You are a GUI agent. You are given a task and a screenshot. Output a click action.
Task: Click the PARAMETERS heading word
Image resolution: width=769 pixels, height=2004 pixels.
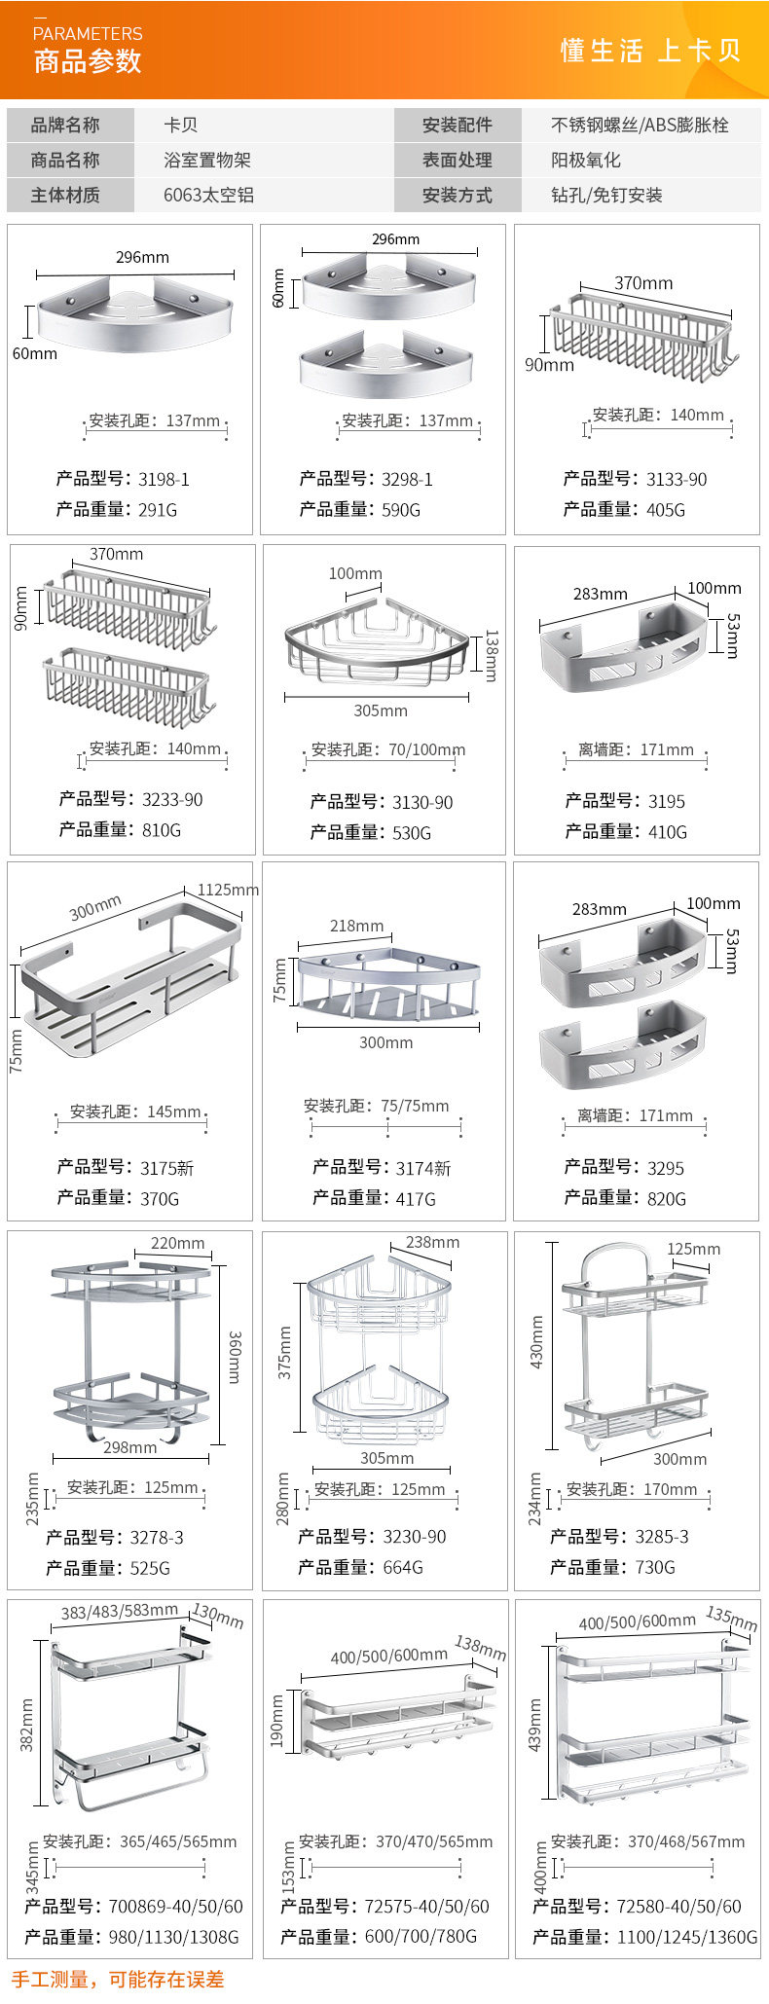pos(88,34)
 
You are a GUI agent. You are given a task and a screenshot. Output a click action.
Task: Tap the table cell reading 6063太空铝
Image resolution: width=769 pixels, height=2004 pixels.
pos(208,195)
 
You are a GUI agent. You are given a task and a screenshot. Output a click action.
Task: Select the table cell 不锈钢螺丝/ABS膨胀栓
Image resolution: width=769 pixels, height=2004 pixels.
pos(640,125)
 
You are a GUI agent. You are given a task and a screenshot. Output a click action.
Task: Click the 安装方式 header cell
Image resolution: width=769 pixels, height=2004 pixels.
pos(457,195)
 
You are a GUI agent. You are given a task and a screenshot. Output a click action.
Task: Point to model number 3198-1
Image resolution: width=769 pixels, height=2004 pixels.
pos(164,479)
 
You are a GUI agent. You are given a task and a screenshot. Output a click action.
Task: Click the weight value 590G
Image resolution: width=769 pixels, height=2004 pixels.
pos(401,509)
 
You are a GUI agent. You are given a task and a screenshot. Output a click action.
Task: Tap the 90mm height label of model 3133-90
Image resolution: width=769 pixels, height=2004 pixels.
pos(549,364)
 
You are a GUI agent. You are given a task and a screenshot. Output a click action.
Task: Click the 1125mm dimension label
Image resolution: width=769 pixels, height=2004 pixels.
pos(228,890)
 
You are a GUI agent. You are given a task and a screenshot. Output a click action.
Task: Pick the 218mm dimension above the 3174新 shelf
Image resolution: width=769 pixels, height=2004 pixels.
pos(356,926)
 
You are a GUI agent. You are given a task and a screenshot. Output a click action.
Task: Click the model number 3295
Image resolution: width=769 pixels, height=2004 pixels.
pos(666,1168)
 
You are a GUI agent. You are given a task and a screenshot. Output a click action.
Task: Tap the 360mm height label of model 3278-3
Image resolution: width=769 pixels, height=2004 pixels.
pos(235,1357)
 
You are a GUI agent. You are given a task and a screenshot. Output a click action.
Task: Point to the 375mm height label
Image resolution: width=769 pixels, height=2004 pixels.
pos(285,1352)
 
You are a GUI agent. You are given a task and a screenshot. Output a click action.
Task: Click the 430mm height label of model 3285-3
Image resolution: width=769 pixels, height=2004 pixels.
pos(536,1342)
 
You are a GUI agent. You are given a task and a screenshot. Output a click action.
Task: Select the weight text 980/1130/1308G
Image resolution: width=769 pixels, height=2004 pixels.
pos(173,1937)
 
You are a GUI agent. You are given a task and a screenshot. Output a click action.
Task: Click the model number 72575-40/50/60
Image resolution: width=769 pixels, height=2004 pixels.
pos(426,1907)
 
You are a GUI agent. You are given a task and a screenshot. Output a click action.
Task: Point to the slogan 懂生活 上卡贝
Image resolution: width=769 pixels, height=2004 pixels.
pos(650,51)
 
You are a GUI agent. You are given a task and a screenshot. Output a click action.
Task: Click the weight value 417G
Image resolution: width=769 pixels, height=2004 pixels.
pos(416,1199)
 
